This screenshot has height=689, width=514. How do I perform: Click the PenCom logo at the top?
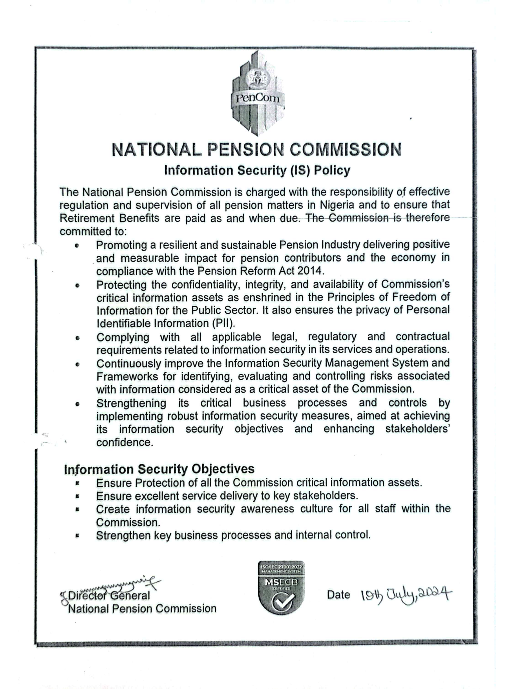click(258, 93)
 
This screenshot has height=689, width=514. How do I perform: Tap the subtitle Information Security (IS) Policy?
click(257, 171)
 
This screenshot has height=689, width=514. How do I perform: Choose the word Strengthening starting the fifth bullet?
click(131, 403)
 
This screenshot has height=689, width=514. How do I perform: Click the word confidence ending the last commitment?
click(124, 442)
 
